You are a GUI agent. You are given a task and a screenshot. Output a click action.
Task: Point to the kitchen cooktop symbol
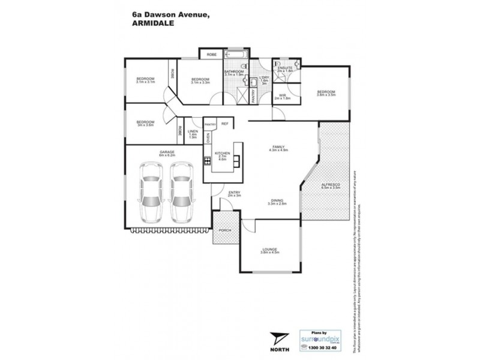(207, 160)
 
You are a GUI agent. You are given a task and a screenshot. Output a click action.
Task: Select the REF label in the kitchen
(225, 123)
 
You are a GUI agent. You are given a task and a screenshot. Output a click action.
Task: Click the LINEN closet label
(193, 133)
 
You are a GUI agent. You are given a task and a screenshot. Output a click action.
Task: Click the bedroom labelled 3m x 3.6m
(146, 123)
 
